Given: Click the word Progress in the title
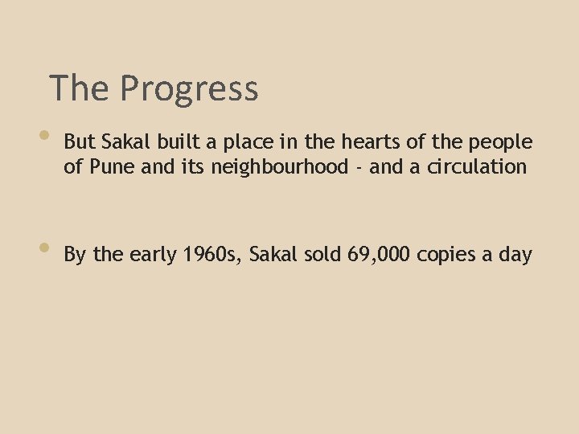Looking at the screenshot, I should (x=189, y=89).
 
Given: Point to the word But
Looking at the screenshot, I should (x=79, y=142).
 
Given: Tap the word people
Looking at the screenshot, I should (x=503, y=144).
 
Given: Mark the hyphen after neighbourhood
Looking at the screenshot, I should (x=358, y=169).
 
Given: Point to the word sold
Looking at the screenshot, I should (x=324, y=256).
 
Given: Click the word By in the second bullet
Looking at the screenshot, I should (x=76, y=256).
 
